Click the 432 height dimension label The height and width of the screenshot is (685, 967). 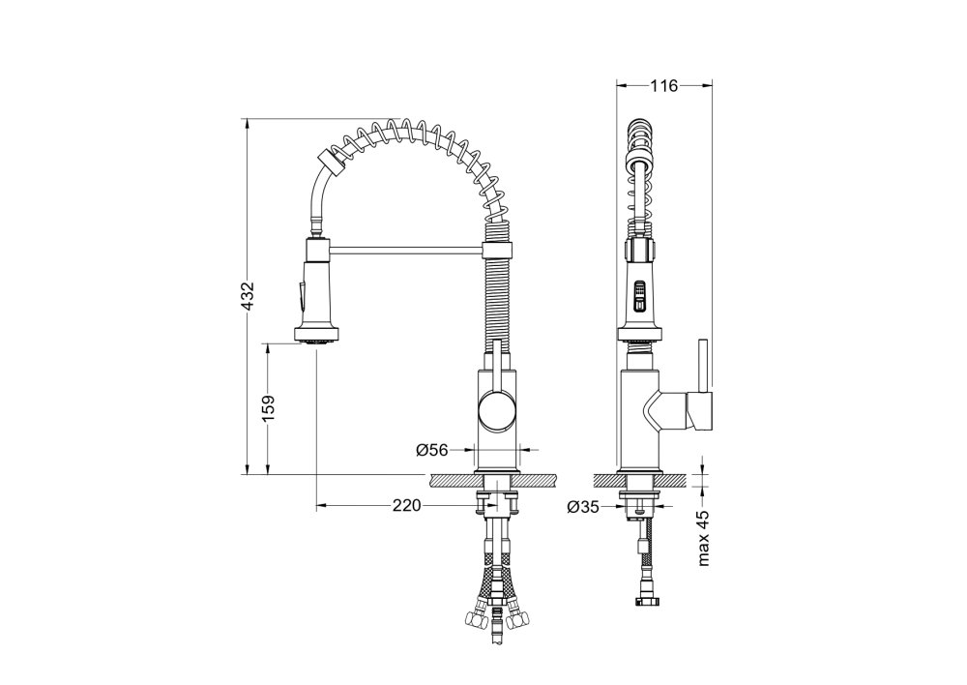(x=248, y=296)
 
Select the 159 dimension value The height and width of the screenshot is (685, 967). (x=268, y=409)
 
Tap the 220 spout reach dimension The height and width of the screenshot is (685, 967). (x=406, y=506)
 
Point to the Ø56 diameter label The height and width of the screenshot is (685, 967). (x=431, y=450)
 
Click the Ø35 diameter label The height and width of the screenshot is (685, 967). (x=583, y=507)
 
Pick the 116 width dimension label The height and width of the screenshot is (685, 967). (x=663, y=86)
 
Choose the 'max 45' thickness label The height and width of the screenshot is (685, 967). (x=704, y=538)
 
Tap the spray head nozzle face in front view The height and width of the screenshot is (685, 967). (x=317, y=337)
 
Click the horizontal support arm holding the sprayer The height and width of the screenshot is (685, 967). (x=407, y=250)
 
